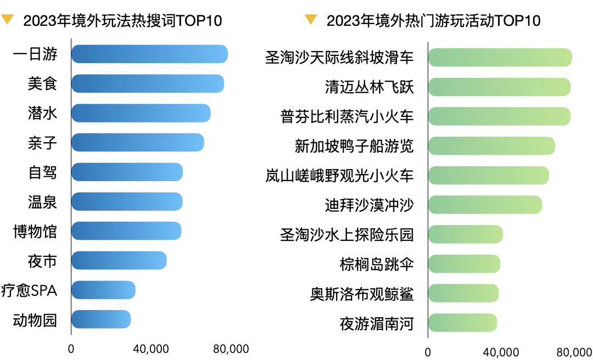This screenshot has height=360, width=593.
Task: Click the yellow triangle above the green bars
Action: point(311,20)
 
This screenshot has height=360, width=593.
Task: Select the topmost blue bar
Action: point(149,55)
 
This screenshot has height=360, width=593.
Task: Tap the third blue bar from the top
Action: point(141,113)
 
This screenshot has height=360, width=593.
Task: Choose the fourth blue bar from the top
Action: point(138,143)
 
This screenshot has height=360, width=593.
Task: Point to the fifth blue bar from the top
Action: point(127,172)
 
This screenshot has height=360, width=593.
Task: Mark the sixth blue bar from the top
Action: point(127,201)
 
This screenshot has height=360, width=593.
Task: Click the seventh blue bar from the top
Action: point(127,230)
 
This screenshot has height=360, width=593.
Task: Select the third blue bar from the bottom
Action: point(119,261)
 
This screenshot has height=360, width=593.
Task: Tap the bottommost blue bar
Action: point(101,318)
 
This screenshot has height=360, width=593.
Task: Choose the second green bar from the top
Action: point(499,86)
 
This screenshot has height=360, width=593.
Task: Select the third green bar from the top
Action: point(499,116)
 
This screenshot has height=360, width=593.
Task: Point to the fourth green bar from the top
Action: point(493,146)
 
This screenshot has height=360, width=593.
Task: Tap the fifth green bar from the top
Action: point(489,176)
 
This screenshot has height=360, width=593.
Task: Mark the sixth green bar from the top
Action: point(486,205)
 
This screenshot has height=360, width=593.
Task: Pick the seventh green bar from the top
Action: point(466,234)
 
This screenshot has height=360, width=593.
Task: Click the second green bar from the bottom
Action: point(464,292)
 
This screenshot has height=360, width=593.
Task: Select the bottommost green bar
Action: point(463,322)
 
